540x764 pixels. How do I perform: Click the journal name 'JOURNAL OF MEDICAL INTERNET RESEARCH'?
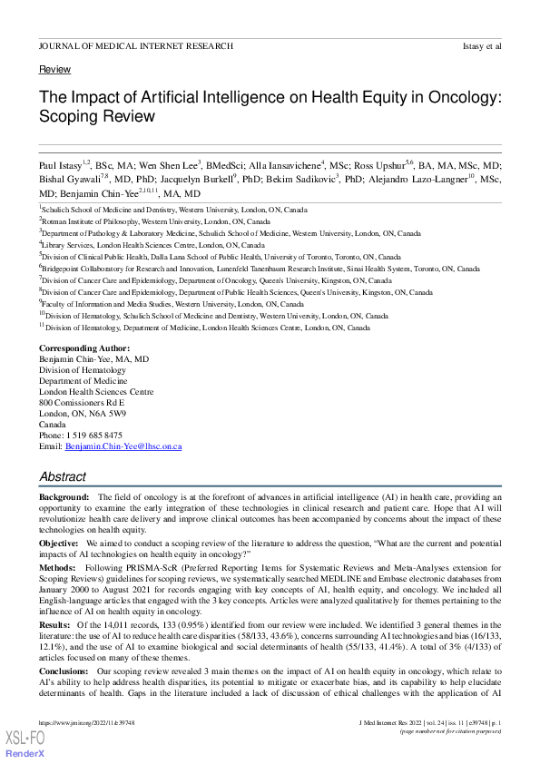(136, 45)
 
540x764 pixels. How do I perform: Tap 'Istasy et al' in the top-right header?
(481, 45)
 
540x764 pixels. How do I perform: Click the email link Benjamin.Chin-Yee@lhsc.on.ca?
(124, 446)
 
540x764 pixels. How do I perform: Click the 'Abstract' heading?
(63, 476)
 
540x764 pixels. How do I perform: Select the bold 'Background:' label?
(64, 498)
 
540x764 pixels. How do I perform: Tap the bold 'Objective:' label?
(61, 542)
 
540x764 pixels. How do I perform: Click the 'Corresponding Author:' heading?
(84, 348)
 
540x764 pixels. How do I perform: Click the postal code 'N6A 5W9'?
(107, 414)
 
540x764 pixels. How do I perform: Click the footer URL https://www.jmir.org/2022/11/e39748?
(84, 722)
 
